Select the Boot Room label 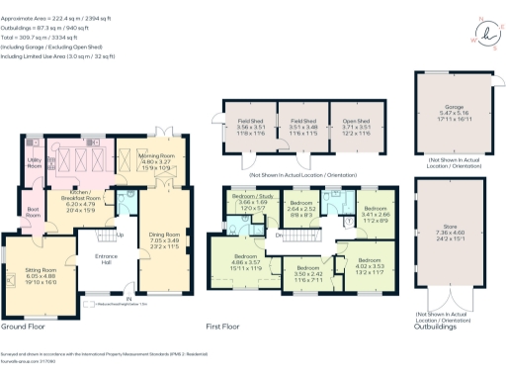[33, 213]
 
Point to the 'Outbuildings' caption [435, 326]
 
